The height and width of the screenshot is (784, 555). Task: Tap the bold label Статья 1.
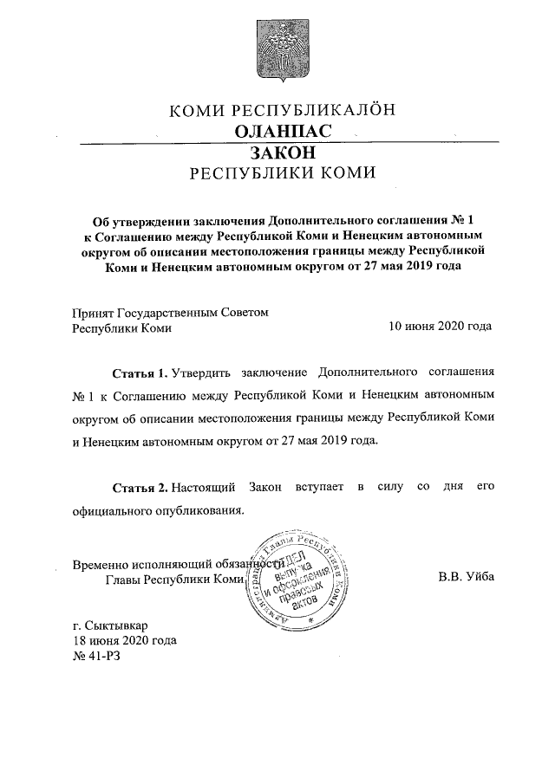pyautogui.click(x=140, y=374)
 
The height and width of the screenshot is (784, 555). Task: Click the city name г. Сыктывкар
pyautogui.click(x=110, y=625)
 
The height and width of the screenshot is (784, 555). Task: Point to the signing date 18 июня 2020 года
pyautogui.click(x=125, y=641)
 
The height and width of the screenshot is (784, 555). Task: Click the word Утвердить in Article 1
pyautogui.click(x=201, y=374)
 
